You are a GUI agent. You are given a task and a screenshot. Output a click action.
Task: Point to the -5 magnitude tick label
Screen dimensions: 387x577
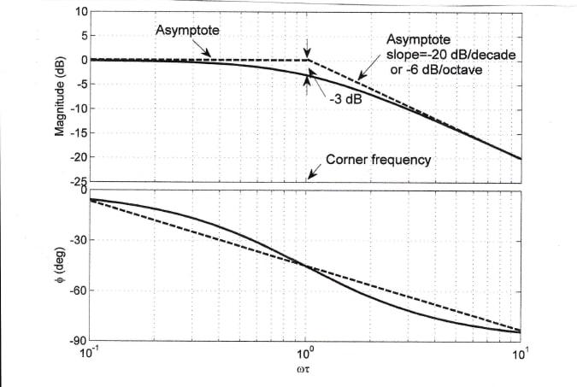pyautogui.click(x=77, y=85)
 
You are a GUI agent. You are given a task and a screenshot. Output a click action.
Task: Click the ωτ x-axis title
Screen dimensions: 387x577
pyautogui.click(x=305, y=372)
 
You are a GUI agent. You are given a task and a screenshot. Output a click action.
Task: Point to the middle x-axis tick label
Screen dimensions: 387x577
pyautogui.click(x=305, y=352)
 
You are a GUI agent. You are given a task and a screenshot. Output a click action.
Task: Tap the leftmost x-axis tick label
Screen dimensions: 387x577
pyautogui.click(x=88, y=352)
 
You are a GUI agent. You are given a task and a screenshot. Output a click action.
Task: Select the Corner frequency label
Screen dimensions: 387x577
pyautogui.click(x=379, y=160)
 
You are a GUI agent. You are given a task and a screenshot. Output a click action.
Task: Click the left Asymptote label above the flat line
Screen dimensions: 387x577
pyautogui.click(x=187, y=30)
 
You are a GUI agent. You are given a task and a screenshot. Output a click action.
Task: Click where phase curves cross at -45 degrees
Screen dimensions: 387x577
pyautogui.click(x=306, y=266)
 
